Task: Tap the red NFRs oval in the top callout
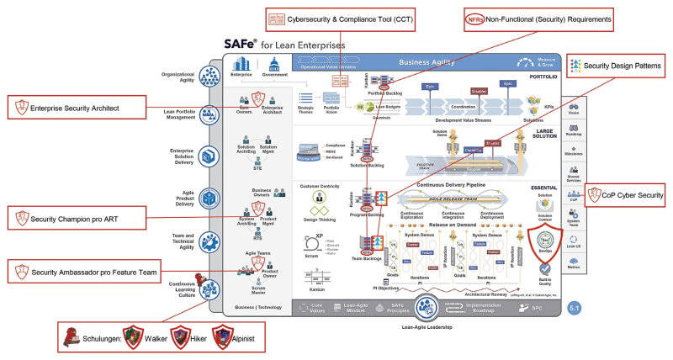pyautogui.click(x=477, y=17)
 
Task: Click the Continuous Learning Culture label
pyautogui.click(x=178, y=290)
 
